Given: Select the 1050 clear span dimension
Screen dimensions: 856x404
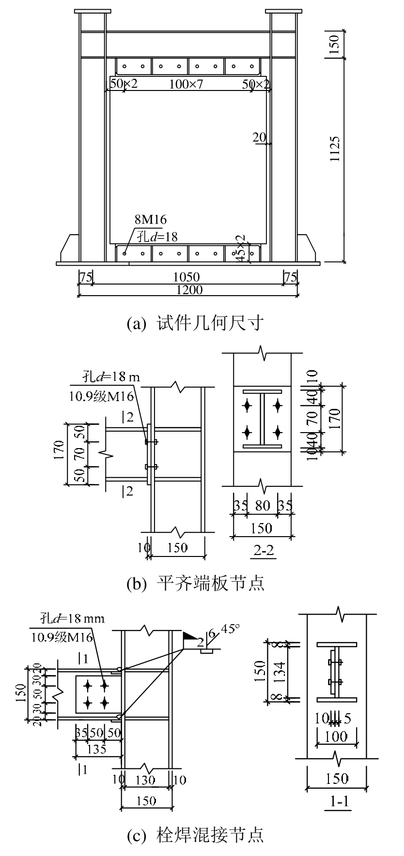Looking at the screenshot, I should (x=187, y=277).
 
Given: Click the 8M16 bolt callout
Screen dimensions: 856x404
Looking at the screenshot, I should (x=151, y=220).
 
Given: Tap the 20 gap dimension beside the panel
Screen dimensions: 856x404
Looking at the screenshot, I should (x=259, y=137).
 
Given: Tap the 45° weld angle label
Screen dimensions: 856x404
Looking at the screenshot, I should (x=231, y=629).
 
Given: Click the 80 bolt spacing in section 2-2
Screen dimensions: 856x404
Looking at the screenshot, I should (x=262, y=506).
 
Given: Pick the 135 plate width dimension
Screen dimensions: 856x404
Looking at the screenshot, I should (x=96, y=749).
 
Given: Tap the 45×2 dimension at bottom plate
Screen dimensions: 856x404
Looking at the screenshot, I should (x=240, y=249).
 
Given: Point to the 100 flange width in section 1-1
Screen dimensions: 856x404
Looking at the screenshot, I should (x=336, y=736).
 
